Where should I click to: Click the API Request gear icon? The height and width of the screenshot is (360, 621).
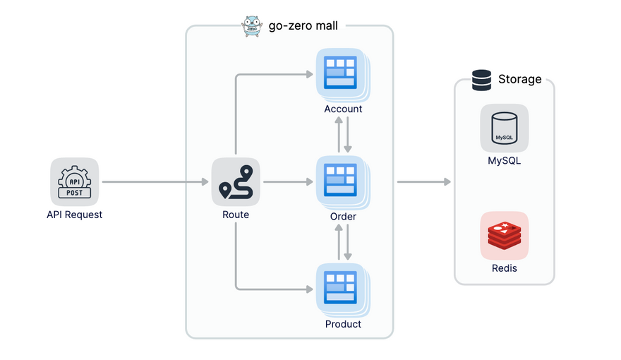click(74, 181)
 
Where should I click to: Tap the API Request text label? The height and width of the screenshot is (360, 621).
click(74, 215)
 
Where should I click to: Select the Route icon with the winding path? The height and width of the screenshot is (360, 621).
click(236, 181)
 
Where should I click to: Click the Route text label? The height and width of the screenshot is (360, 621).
click(236, 215)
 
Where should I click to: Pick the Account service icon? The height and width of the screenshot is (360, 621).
click(342, 73)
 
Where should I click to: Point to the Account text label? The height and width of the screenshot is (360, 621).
click(343, 109)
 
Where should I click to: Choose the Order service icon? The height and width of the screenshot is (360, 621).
click(342, 181)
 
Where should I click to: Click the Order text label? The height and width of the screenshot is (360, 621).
click(343, 216)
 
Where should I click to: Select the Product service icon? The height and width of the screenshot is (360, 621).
click(342, 289)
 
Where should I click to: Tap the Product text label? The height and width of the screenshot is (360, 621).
click(343, 324)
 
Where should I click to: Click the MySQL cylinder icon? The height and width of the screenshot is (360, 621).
click(504, 128)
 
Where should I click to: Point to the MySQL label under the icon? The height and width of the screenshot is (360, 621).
click(504, 161)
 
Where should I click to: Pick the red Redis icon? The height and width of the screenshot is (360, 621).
click(504, 235)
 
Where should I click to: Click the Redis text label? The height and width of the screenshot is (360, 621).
click(504, 268)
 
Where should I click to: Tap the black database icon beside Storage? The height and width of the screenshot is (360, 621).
click(482, 80)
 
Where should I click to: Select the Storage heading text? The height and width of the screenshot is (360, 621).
click(519, 79)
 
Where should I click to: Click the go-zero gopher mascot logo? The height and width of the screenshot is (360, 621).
click(253, 25)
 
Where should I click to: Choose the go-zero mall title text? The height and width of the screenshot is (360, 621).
click(303, 26)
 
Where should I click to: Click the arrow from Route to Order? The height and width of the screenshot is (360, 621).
click(288, 182)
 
